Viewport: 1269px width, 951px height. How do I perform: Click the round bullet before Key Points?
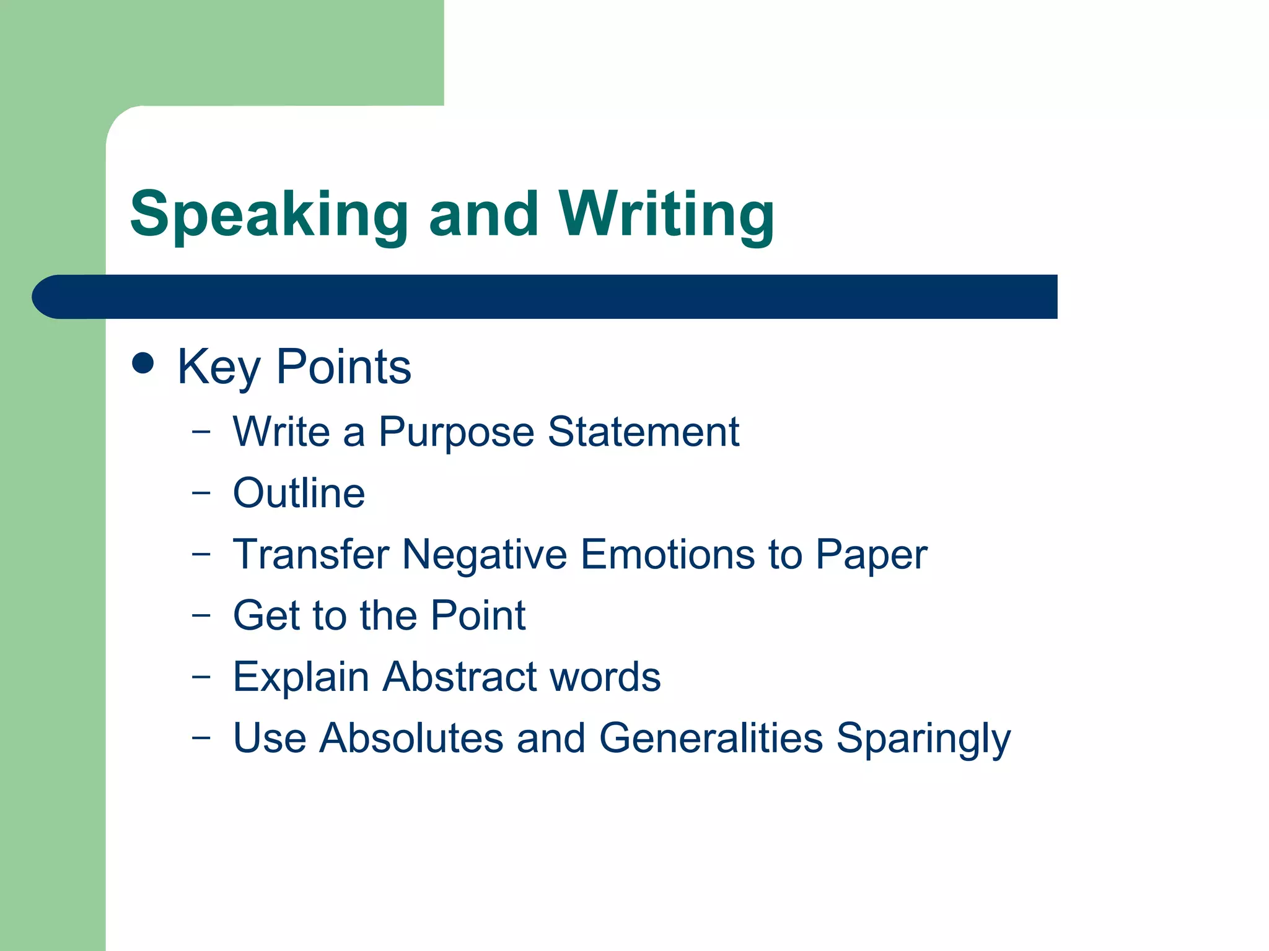(143, 363)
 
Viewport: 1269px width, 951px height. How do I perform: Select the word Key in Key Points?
(219, 367)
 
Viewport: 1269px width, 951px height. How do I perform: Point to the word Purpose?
(456, 432)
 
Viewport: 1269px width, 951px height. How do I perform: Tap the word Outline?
(299, 493)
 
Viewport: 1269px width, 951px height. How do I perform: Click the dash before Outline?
(201, 493)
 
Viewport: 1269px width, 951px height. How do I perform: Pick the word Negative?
(485, 555)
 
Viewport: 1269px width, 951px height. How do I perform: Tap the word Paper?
(871, 555)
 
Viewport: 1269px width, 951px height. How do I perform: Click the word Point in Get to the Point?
(478, 615)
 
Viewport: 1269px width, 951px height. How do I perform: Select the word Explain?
(301, 677)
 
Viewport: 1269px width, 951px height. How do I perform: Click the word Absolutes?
(411, 738)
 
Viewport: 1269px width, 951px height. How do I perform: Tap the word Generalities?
(711, 738)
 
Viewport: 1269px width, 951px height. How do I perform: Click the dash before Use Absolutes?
(201, 737)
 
